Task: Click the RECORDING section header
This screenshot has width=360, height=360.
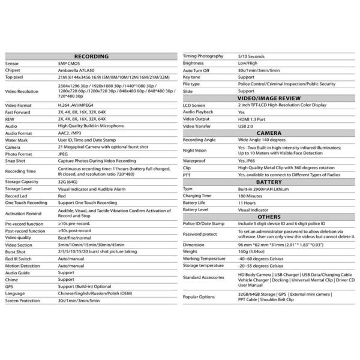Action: pyautogui.click(x=90, y=56)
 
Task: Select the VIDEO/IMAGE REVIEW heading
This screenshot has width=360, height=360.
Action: pyautogui.click(x=269, y=97)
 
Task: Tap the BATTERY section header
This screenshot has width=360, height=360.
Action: pyautogui.click(x=269, y=181)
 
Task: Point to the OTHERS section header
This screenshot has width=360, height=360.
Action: pyautogui.click(x=269, y=216)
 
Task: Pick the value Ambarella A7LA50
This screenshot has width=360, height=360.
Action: pyautogui.click(x=77, y=70)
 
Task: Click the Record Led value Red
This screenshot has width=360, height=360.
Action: pyautogui.click(x=62, y=195)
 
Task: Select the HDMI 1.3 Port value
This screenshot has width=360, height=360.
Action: pyautogui.click(x=253, y=118)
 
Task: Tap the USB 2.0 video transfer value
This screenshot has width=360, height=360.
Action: pyautogui.click(x=246, y=125)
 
